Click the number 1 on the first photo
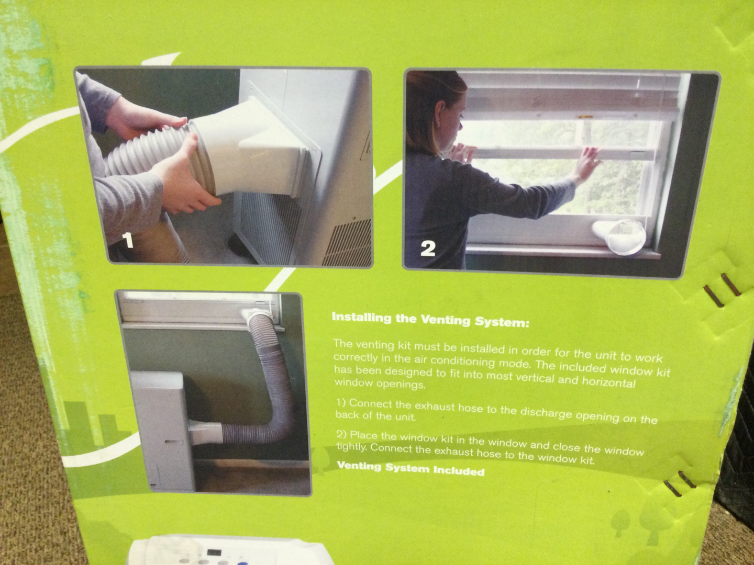(x=128, y=241)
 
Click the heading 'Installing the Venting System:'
(x=430, y=320)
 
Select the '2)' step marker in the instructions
(x=342, y=434)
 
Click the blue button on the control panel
(x=251, y=562)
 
